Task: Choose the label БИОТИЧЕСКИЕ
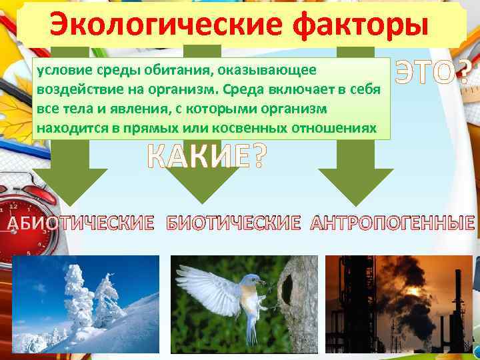click(233, 223)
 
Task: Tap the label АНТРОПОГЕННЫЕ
click(393, 223)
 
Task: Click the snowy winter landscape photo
click(86, 304)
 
